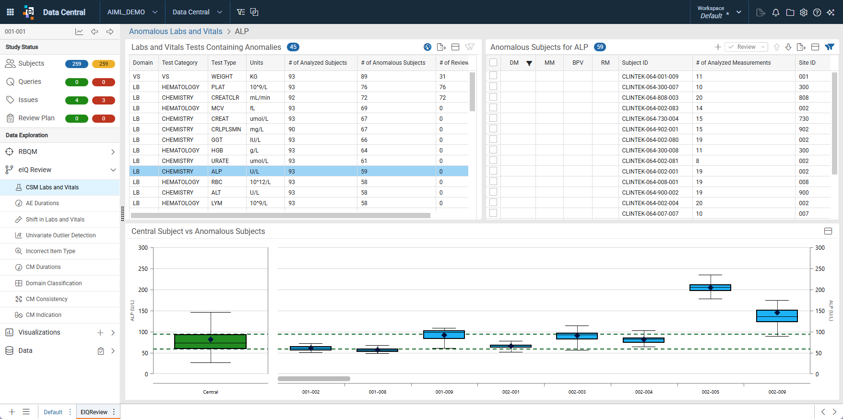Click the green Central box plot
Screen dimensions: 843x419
point(210,341)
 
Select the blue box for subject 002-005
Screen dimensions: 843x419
point(710,288)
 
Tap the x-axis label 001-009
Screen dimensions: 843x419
point(444,392)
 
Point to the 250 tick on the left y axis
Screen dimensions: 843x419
point(143,269)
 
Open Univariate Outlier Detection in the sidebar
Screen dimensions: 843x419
point(60,235)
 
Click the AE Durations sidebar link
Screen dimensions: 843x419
point(42,203)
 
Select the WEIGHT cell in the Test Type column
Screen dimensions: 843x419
point(222,77)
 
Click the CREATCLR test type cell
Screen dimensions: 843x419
point(225,98)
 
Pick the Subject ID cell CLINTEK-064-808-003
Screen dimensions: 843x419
point(650,98)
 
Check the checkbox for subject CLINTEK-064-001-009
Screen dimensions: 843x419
point(493,76)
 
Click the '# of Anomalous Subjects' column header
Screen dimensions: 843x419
point(393,63)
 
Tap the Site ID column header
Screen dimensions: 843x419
point(807,63)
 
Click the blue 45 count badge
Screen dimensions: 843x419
point(293,47)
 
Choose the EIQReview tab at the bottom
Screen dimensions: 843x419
point(94,412)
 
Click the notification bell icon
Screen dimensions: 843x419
point(776,12)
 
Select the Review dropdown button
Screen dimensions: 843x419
point(746,47)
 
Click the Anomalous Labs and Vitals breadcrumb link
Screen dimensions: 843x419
point(176,32)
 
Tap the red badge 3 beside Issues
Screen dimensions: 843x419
point(104,100)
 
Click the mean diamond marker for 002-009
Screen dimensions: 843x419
point(777,313)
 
